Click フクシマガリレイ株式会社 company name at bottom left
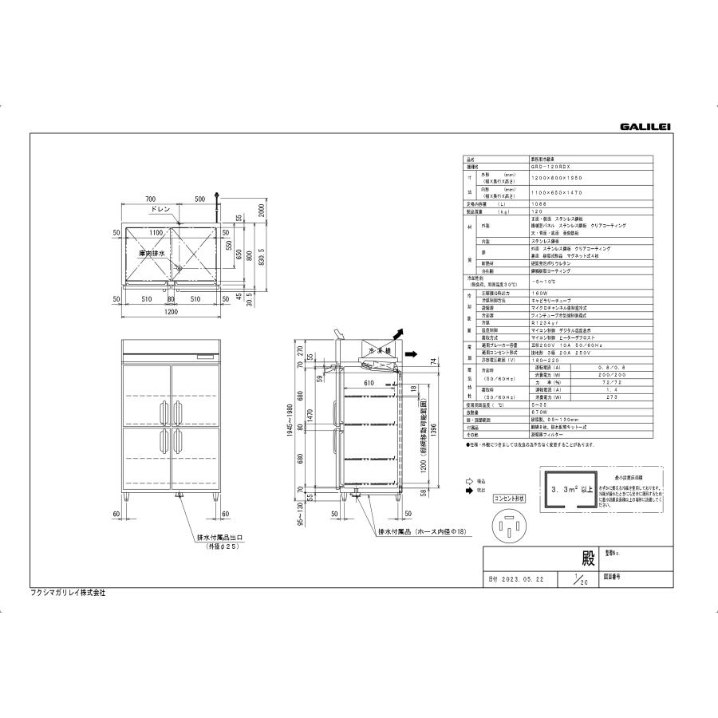click(x=68, y=593)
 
